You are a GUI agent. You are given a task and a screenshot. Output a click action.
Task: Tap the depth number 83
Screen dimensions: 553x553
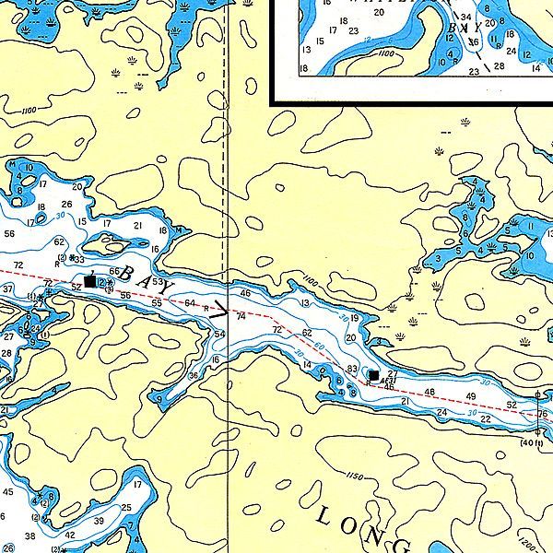352,369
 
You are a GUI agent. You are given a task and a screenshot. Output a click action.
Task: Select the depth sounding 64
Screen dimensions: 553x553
190,303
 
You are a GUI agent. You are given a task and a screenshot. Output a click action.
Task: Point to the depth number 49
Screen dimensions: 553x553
471,396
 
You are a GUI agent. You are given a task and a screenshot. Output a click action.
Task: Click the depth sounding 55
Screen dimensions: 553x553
158,303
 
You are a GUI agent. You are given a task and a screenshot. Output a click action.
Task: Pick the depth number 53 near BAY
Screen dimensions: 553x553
158,281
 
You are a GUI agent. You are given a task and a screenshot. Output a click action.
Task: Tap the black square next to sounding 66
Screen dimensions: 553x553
89,280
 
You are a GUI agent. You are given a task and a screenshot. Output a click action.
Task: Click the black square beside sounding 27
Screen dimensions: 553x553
373,375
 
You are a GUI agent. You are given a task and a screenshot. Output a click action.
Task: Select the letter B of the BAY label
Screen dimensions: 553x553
128,274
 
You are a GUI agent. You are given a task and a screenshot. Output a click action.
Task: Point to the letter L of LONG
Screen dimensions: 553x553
324,512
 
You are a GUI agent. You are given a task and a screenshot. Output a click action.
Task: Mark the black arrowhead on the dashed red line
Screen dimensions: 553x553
221,314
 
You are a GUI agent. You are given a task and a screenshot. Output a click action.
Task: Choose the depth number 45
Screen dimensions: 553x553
8,492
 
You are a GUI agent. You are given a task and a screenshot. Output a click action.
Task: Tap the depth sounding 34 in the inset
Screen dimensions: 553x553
466,18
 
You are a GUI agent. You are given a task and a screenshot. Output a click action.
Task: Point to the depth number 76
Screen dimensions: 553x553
541,415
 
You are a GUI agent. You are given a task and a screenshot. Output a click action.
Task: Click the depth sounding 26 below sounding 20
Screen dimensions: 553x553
66,205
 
